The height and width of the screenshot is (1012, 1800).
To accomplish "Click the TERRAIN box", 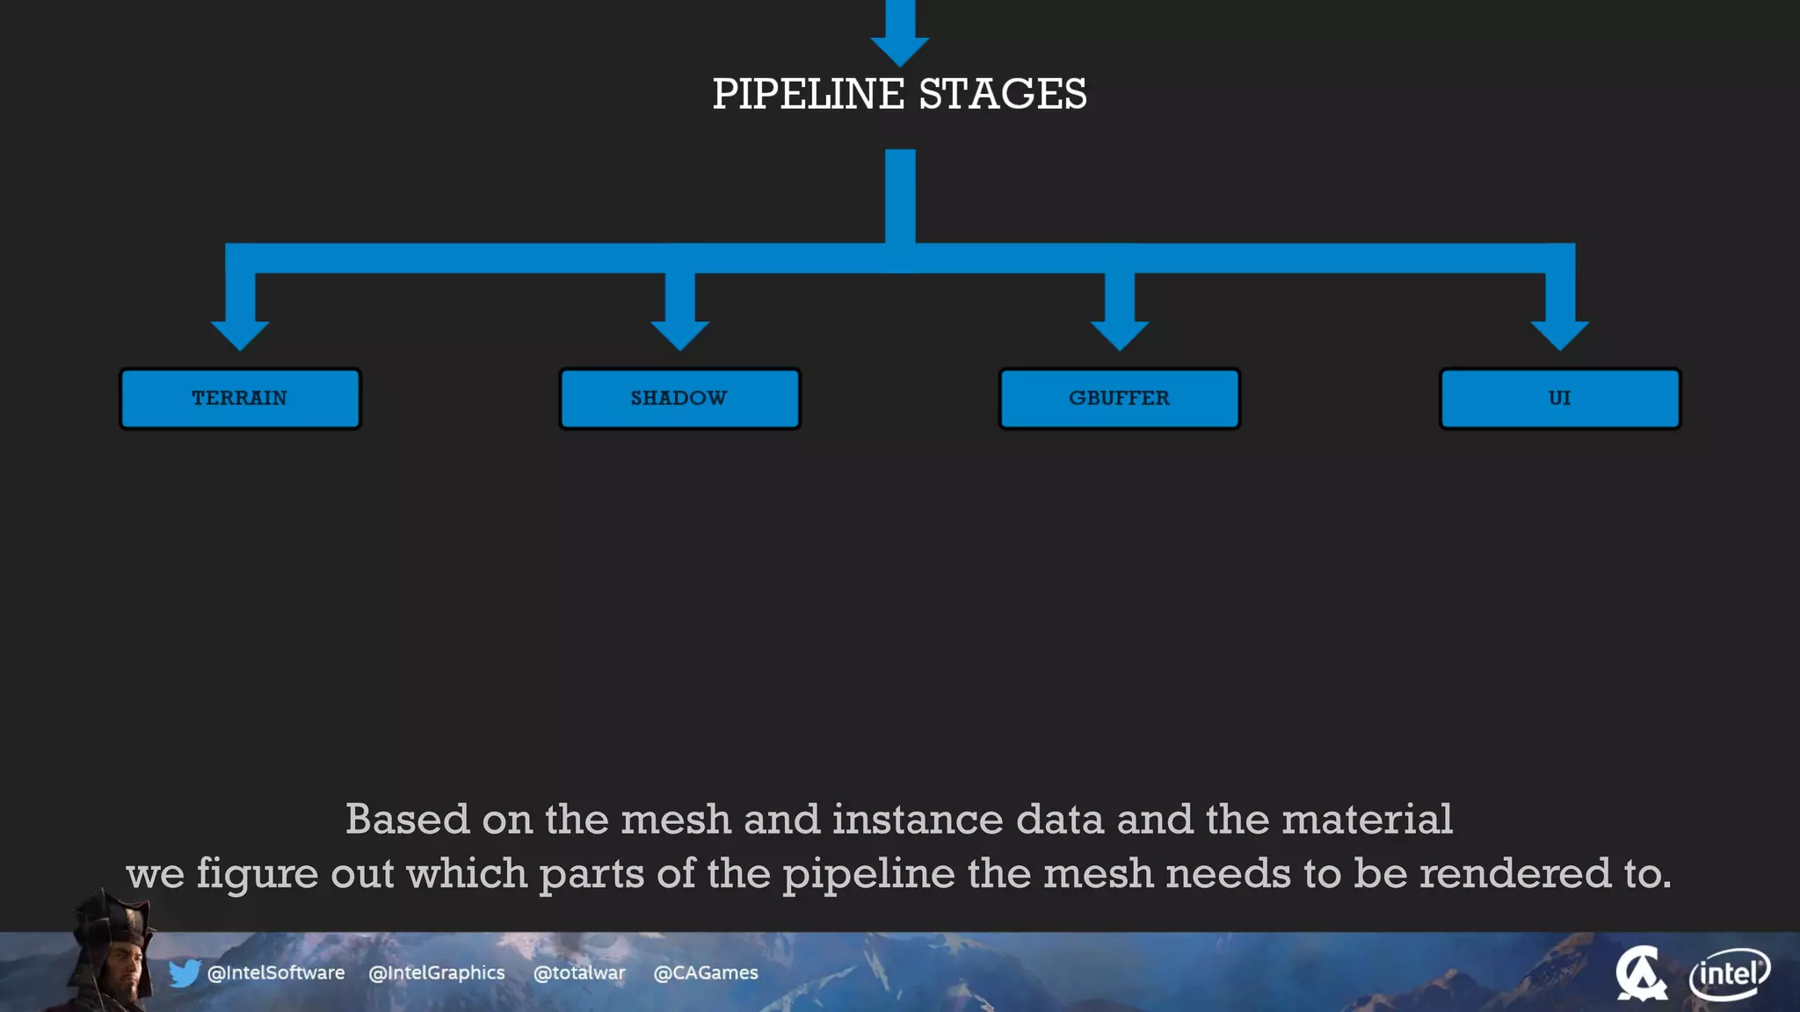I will coord(240,399).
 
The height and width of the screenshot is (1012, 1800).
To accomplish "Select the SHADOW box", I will coord(679,399).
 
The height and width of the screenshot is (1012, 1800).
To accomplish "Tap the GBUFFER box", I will coord(1119,399).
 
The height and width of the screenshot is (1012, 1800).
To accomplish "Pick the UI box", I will coord(1559,399).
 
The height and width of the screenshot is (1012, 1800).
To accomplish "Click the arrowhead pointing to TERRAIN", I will coord(240,334).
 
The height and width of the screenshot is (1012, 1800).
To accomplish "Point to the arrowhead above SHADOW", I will coord(679,334).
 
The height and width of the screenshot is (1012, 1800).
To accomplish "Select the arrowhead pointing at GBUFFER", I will coord(1119,334).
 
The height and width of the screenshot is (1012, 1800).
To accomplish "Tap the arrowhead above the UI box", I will coord(1559,334).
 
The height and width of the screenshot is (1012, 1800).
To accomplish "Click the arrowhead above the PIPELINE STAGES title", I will coord(899,48).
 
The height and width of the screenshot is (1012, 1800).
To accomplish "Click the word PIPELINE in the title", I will coord(808,94).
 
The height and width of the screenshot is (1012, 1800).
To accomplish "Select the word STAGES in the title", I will coord(1003,94).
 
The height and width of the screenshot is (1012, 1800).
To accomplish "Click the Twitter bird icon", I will coord(185,973).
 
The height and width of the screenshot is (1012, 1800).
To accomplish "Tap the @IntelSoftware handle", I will coord(275,973).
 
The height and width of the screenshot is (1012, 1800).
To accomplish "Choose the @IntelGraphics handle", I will coord(437,973).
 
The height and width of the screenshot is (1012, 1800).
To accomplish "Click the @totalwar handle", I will coord(579,973).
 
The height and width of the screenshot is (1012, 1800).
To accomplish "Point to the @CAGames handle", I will coord(706,973).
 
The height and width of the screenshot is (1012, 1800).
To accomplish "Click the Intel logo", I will coord(1729,973).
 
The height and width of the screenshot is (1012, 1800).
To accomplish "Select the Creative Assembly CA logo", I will coord(1640,973).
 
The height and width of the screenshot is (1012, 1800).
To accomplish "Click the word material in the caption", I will coord(1367,820).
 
